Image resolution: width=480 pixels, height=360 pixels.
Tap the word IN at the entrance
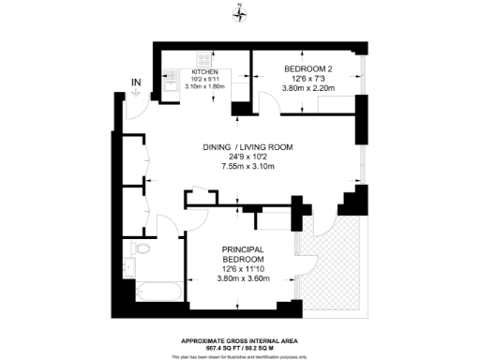point(136,83)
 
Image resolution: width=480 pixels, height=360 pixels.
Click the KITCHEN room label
point(206,70)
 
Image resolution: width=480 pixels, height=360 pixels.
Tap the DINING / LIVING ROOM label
point(248,147)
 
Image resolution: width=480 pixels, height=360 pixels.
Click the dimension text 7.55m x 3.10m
point(248,167)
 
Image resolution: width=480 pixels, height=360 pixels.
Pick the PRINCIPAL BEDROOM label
point(243,254)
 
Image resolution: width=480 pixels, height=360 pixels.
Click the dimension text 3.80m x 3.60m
point(243,278)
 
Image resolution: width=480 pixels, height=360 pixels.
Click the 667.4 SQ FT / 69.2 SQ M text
point(240,347)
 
